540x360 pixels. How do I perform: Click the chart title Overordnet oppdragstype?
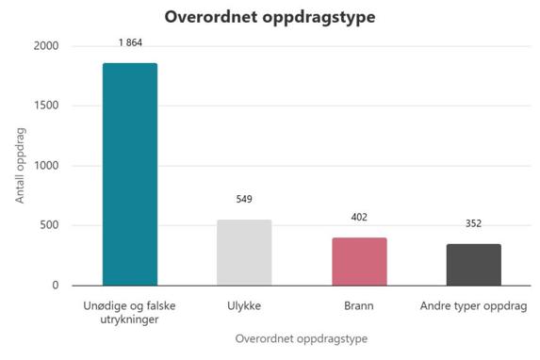(x=270, y=17)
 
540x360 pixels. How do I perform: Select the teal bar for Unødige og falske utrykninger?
(x=130, y=174)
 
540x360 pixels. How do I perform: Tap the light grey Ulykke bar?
(x=244, y=253)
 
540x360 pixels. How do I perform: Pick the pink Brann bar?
(x=359, y=261)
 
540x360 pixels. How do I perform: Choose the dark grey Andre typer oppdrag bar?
(x=474, y=264)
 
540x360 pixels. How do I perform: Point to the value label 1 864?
(x=130, y=43)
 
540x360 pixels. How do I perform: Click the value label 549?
(x=244, y=199)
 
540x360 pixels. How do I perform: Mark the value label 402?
(x=359, y=217)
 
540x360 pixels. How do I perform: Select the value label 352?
(x=474, y=223)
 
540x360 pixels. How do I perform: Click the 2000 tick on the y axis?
(x=46, y=46)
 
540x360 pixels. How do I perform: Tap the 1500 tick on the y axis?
(x=46, y=106)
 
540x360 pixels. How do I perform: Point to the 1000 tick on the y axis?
(x=46, y=166)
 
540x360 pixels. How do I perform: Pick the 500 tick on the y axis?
(x=49, y=225)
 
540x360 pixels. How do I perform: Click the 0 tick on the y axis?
(x=56, y=285)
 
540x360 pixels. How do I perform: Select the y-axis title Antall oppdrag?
(x=21, y=166)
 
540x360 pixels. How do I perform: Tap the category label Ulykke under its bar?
(x=244, y=306)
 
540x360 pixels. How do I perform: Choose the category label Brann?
(x=359, y=306)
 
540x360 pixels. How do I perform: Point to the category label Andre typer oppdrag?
(x=474, y=306)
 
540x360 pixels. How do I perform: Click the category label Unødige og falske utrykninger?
(x=130, y=313)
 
